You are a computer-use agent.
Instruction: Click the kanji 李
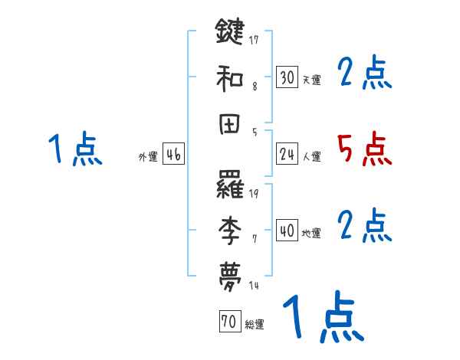pos(231,227)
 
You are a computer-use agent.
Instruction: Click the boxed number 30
pos(287,77)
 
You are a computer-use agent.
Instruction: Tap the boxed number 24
pos(287,155)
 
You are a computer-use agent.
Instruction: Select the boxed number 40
pos(287,231)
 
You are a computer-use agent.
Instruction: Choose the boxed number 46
pos(173,154)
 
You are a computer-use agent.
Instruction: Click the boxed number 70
pos(229,322)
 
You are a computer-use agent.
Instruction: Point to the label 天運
pos(311,80)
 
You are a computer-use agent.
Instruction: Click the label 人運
pos(311,157)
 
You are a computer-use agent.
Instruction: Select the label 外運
pos(148,157)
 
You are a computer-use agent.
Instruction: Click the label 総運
pos(255,325)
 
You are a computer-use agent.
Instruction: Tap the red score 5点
pos(364,149)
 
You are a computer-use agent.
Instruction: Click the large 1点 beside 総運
pos(322,317)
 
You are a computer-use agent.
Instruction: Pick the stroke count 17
pos(255,39)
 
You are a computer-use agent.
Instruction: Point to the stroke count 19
pos(255,193)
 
